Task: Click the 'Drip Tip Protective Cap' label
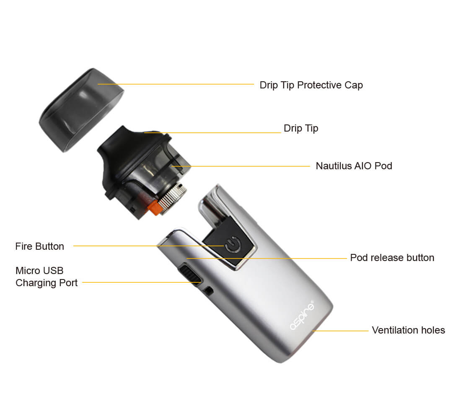coord(311,85)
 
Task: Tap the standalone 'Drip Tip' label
coord(301,128)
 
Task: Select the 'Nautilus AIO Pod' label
coord(354,166)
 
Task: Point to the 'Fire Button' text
coord(40,246)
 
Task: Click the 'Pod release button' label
coord(392,258)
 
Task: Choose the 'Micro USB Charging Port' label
coord(47,277)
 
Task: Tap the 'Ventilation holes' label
coord(408,330)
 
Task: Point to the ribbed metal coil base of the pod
coord(172,197)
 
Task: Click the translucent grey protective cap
coord(81,110)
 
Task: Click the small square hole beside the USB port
coord(209,291)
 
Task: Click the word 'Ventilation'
coord(395,330)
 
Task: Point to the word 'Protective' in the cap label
coord(320,85)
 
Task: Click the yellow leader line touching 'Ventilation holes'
coord(340,331)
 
